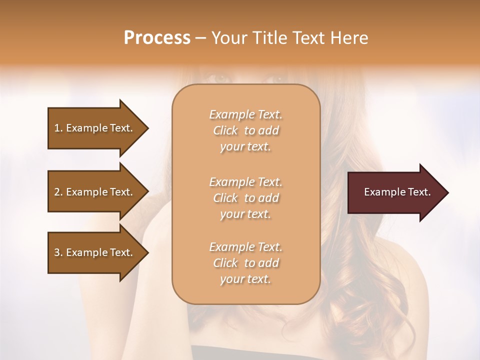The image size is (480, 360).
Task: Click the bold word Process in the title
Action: [x=157, y=38]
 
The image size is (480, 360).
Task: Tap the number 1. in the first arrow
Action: [x=58, y=128]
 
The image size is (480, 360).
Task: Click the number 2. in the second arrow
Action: [x=58, y=192]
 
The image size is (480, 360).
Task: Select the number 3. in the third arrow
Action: [x=58, y=252]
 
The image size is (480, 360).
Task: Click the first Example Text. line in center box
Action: [x=245, y=114]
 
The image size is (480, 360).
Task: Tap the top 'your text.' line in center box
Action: [x=245, y=147]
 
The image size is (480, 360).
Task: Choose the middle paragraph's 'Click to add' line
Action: [x=245, y=198]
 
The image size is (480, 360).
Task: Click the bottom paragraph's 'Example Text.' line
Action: [x=245, y=247]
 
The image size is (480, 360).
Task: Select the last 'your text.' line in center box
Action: [x=245, y=279]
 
